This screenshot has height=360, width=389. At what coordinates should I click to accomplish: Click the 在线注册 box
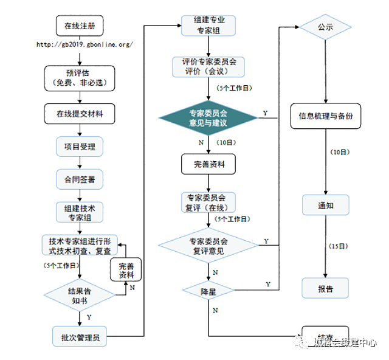(80, 27)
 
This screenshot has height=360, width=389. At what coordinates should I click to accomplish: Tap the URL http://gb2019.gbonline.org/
(84, 45)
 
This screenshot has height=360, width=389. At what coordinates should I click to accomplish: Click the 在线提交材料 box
(80, 114)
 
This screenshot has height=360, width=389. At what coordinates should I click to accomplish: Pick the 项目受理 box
(80, 147)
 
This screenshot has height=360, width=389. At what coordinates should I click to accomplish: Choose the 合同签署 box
(80, 179)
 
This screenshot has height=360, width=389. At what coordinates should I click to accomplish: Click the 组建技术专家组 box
(80, 212)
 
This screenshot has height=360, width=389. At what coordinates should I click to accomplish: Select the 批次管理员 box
(80, 336)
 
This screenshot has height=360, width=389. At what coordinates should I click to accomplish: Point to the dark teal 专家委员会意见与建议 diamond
(208, 118)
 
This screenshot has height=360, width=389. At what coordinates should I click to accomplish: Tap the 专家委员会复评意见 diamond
(208, 246)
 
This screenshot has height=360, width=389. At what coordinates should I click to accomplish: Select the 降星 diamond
(208, 291)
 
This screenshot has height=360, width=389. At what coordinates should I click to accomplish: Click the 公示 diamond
(325, 28)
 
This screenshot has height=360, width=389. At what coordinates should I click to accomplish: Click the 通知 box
(326, 205)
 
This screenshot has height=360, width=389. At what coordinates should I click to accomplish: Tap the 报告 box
(326, 288)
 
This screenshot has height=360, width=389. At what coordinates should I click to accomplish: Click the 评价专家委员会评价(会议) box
(208, 66)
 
